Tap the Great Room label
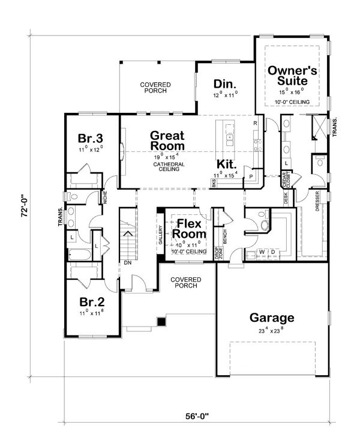(x=167, y=140)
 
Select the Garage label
(x=272, y=318)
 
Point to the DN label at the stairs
(x=127, y=262)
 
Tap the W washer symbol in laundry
(x=262, y=252)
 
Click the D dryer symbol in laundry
(x=273, y=252)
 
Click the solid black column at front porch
(x=161, y=322)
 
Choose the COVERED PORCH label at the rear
(x=155, y=88)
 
